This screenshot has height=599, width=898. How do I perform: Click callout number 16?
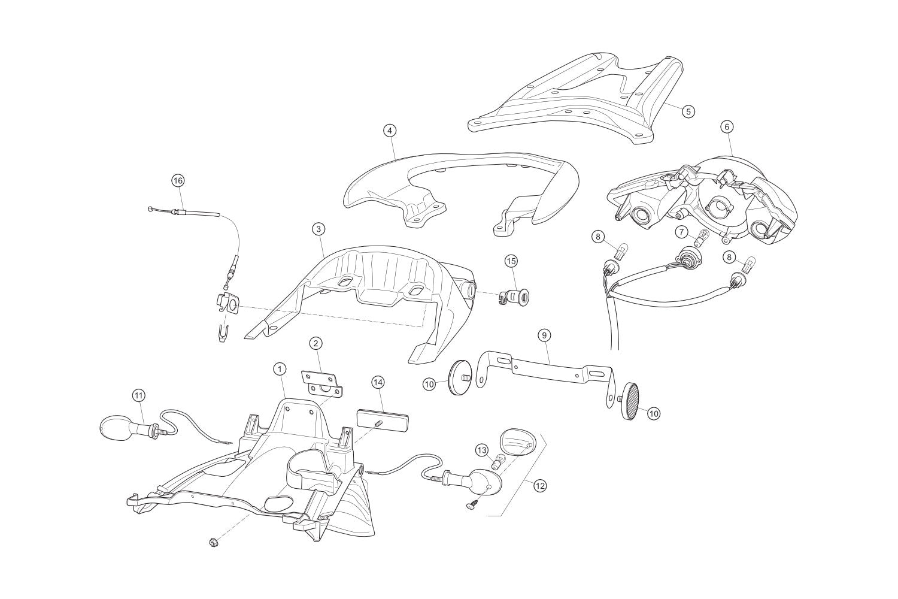pyautogui.click(x=178, y=180)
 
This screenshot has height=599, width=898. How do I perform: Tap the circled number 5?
pyautogui.click(x=688, y=111)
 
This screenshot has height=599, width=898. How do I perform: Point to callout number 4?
pyautogui.click(x=389, y=131)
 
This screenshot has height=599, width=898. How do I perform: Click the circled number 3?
pyautogui.click(x=318, y=229)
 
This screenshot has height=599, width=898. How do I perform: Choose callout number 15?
pyautogui.click(x=511, y=261)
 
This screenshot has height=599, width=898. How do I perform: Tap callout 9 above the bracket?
pyautogui.click(x=544, y=335)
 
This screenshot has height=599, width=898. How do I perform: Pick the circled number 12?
pyautogui.click(x=541, y=486)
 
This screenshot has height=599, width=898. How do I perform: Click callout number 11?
pyautogui.click(x=138, y=396)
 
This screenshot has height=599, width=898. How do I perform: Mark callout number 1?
pyautogui.click(x=280, y=369)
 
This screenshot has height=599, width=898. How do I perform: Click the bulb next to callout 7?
pyautogui.click(x=700, y=239)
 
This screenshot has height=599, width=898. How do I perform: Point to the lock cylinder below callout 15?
pyautogui.click(x=509, y=297)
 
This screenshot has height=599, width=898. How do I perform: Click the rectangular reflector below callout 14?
pyautogui.click(x=383, y=420)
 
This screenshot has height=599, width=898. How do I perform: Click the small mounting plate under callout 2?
pyautogui.click(x=322, y=383)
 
